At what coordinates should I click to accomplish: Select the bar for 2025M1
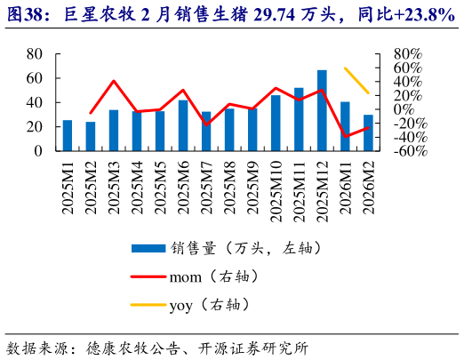point(67,135)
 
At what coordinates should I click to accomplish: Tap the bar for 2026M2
point(368,132)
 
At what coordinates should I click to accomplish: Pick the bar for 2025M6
point(183,125)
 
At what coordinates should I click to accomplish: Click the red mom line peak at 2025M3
point(114,81)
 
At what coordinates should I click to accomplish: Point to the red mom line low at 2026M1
point(345,136)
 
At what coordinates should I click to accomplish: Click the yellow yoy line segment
point(356,80)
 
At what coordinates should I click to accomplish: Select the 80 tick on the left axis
point(33,54)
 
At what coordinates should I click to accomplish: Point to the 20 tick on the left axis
point(33,127)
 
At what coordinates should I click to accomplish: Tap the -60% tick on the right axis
point(401,151)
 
